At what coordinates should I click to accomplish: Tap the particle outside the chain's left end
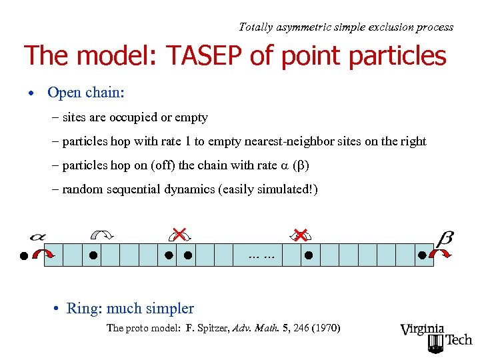[x=24, y=255]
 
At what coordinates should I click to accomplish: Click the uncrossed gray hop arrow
[x=103, y=234]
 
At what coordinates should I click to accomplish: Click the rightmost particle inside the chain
[x=421, y=255]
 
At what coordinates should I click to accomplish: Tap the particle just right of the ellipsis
[x=308, y=255]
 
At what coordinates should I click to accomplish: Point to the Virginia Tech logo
[x=436, y=337]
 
